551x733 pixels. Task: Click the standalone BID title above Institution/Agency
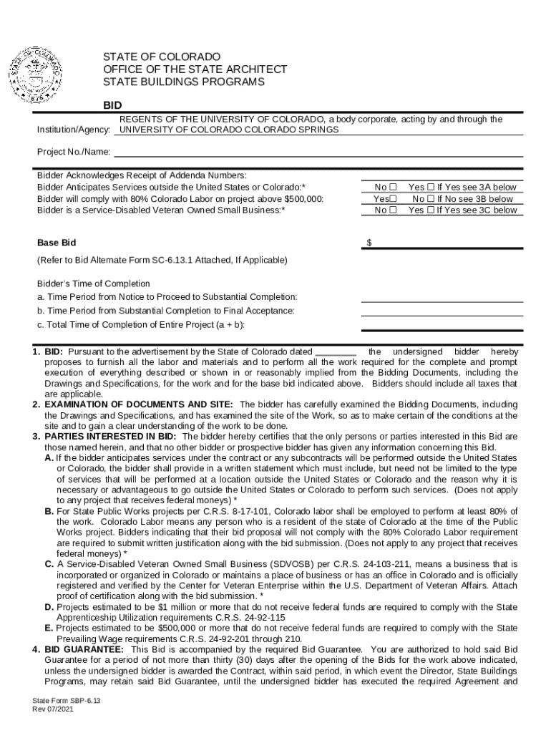point(112,105)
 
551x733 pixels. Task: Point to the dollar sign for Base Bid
point(369,243)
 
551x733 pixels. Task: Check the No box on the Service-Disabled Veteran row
point(392,210)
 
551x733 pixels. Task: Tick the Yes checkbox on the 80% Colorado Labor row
point(393,199)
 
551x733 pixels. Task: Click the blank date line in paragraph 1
point(336,352)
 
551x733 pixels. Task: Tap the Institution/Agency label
point(74,131)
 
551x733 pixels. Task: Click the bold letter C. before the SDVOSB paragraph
point(49,564)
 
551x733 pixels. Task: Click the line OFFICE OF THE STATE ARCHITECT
point(195,69)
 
